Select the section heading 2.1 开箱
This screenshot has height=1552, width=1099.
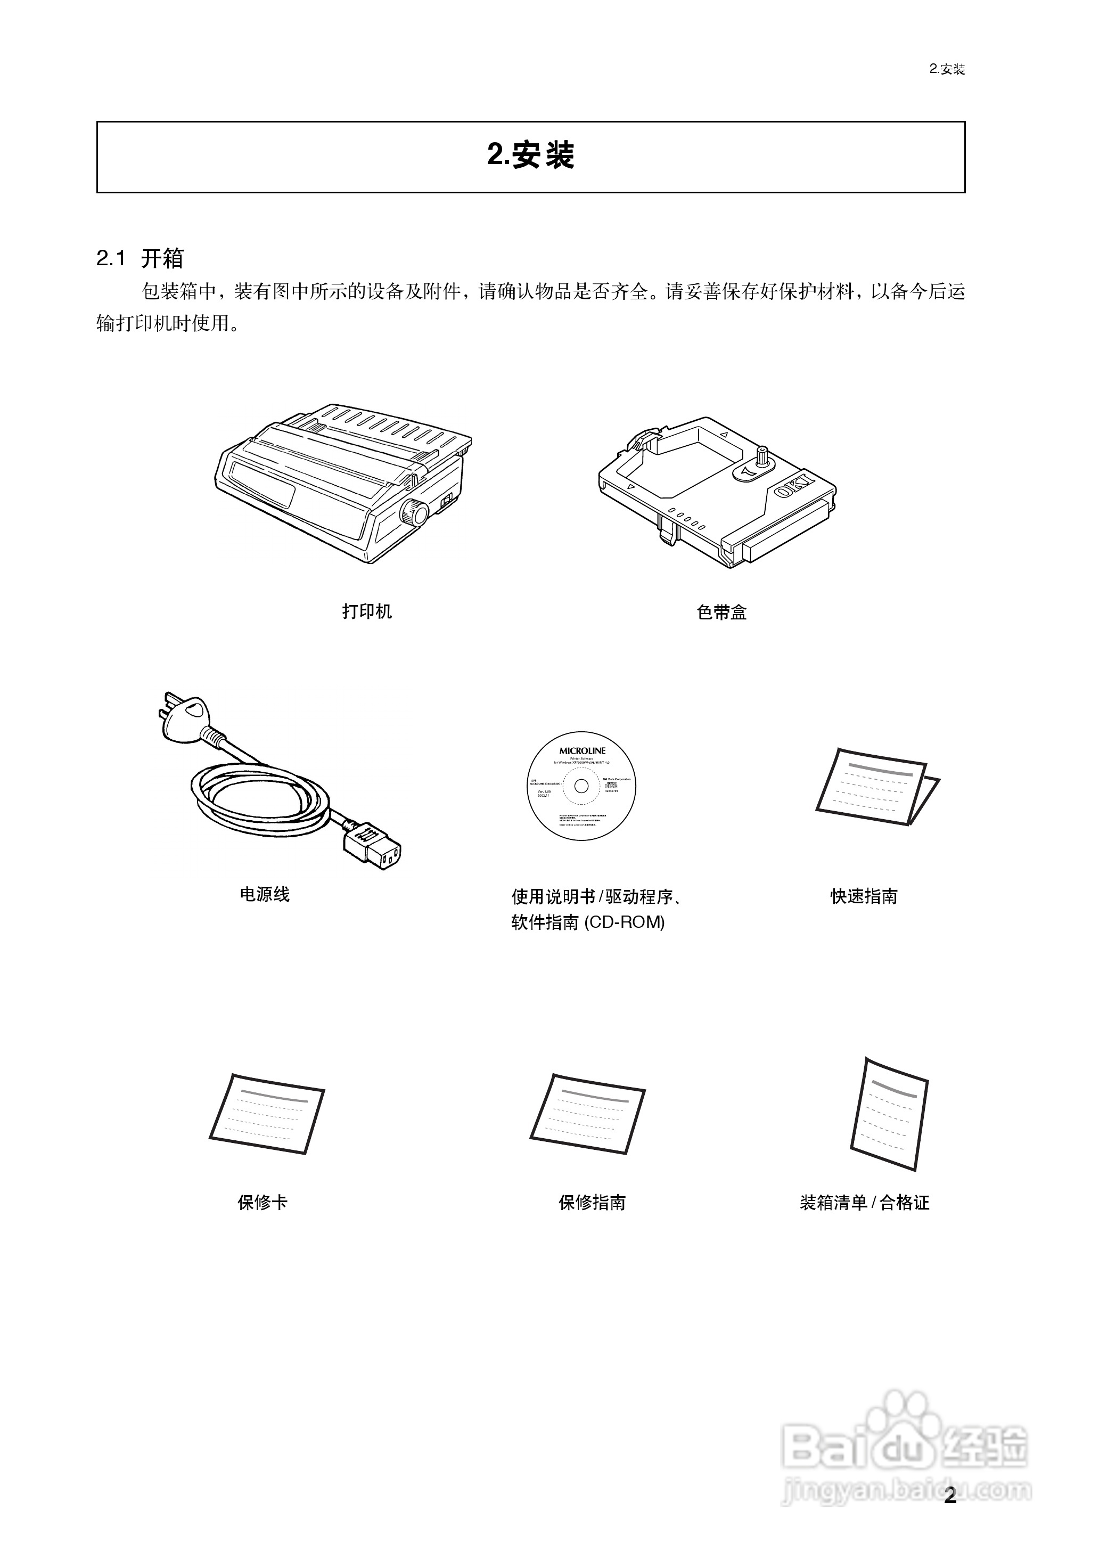[140, 258]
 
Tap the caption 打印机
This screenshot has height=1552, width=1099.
[367, 612]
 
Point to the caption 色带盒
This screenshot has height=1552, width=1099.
[721, 612]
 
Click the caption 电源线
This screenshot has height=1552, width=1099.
[265, 895]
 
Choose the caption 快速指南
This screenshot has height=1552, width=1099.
[864, 896]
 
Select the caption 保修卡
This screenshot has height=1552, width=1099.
[263, 1202]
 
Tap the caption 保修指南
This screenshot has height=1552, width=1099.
[592, 1202]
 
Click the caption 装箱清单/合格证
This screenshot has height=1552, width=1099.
[864, 1202]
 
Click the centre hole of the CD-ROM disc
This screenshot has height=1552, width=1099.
[581, 787]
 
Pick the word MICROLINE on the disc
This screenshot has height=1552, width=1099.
[582, 750]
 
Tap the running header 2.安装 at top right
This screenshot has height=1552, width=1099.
[947, 69]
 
